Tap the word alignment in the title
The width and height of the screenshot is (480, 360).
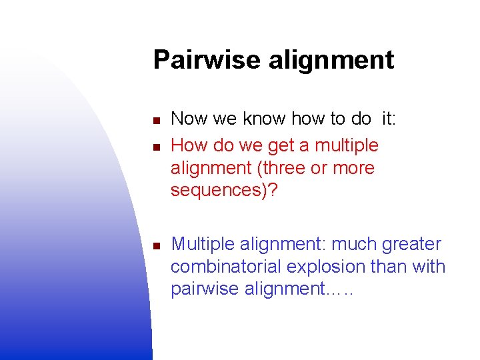coord(331,61)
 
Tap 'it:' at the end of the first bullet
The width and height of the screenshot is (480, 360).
coord(389,119)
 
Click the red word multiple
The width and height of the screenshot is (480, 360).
coord(346,145)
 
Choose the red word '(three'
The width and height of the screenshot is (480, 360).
coord(293,168)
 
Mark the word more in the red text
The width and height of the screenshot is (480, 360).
coord(353,169)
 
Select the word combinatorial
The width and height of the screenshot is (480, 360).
coord(226,267)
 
